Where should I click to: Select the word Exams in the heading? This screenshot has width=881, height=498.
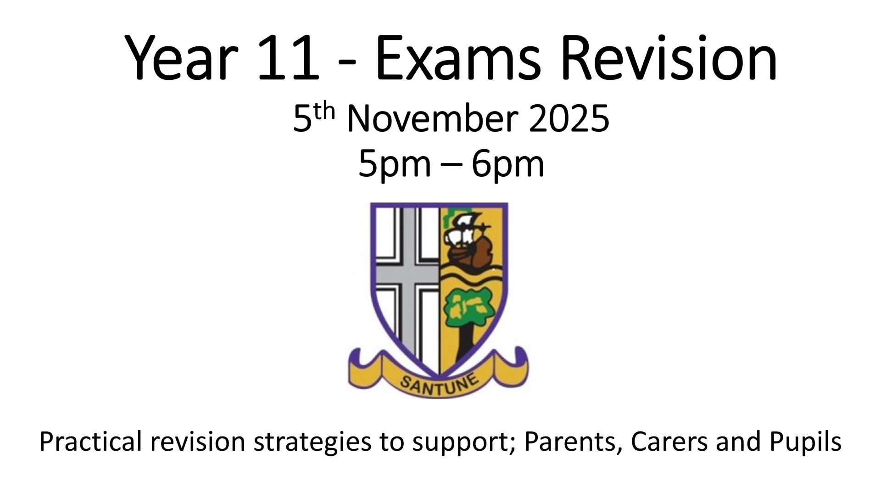pyautogui.click(x=458, y=59)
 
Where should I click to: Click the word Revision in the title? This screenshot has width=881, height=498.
pyautogui.click(x=668, y=59)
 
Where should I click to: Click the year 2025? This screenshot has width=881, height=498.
pyautogui.click(x=569, y=118)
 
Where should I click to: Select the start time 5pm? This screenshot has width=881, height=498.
pyautogui.click(x=395, y=165)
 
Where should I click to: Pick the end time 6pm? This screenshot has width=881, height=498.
pyautogui.click(x=507, y=165)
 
